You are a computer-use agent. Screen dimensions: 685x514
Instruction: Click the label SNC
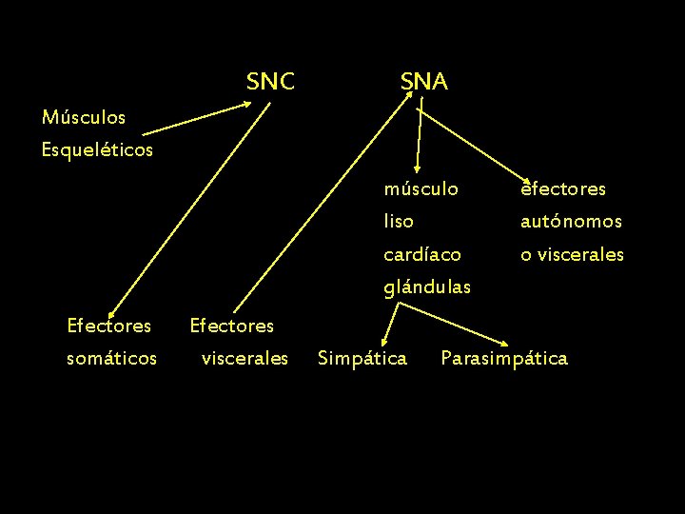coord(270,82)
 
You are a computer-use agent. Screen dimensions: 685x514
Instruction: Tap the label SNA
coord(423,82)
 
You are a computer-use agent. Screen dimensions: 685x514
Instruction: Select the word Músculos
coord(84,118)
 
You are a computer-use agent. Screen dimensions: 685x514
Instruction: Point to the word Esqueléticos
coord(97,150)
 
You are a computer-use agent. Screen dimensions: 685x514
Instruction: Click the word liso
coord(399,222)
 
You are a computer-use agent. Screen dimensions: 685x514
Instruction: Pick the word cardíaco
coord(422,255)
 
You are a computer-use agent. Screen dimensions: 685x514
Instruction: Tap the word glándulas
coord(427,287)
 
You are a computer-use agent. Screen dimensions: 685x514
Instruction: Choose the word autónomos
coord(571,222)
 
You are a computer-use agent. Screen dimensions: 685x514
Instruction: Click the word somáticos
coord(111,358)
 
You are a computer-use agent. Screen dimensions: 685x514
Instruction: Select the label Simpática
coord(362,358)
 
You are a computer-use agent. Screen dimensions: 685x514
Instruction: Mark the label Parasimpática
coord(504,358)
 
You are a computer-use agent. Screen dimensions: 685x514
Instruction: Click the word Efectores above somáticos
coord(108,326)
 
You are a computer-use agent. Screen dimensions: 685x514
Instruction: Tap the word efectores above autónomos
coord(563,189)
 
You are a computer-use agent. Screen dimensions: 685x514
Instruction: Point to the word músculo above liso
coord(421,189)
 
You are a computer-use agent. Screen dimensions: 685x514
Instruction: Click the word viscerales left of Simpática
coord(245,358)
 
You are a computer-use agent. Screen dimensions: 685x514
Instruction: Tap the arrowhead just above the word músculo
coord(412,168)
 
